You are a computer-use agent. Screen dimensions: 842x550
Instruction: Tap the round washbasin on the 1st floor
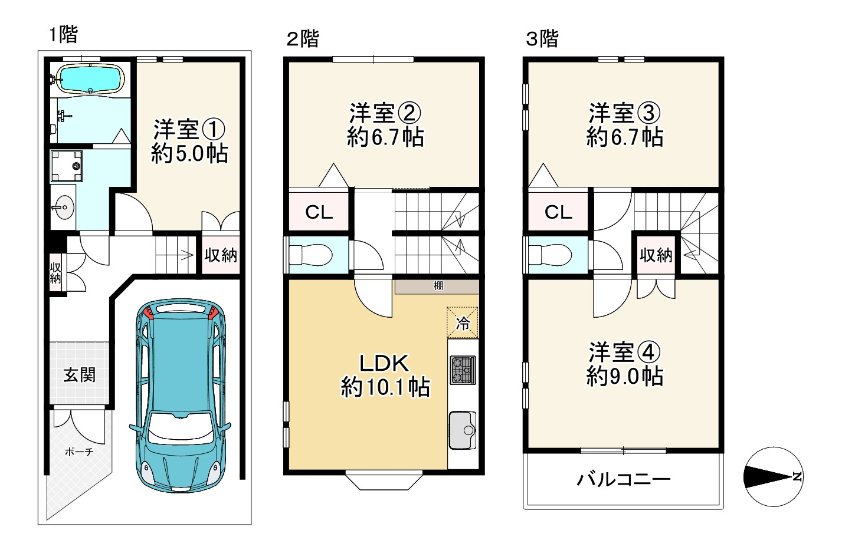[63, 207]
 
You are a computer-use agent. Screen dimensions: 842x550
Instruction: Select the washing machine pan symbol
[67, 166]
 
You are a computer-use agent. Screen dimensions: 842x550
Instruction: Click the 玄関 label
[79, 375]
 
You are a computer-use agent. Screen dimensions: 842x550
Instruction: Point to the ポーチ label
[78, 452]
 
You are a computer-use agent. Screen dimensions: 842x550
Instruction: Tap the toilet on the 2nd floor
[310, 255]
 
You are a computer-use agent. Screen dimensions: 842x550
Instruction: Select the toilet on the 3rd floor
[549, 255]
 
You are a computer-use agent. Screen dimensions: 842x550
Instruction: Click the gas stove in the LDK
[463, 370]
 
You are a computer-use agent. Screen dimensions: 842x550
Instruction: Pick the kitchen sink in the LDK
[463, 430]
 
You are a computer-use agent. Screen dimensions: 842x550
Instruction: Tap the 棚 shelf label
[438, 286]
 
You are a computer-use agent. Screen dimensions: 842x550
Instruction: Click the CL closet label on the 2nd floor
[319, 212]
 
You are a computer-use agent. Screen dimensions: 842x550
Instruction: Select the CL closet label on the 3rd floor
[558, 213]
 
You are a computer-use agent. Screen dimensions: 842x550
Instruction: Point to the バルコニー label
[624, 480]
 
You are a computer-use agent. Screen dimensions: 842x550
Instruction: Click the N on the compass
[797, 477]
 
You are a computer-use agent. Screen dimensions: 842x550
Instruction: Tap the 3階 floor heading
[542, 38]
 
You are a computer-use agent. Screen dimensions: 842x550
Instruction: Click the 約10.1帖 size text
[385, 387]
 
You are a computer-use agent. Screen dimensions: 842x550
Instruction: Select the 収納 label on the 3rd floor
[656, 256]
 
